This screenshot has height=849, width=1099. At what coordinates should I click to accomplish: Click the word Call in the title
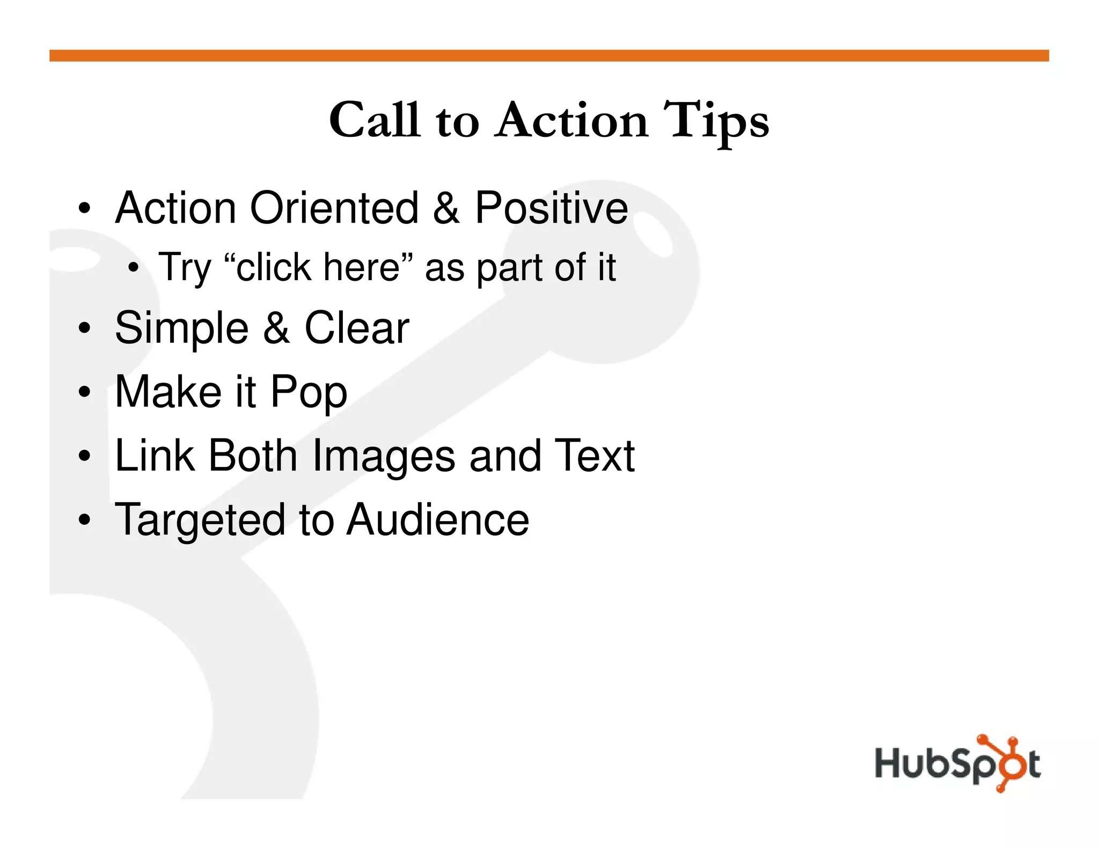pos(374,120)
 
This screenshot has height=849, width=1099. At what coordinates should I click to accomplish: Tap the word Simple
pos(181,328)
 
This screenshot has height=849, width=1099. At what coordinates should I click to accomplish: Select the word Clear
pos(356,328)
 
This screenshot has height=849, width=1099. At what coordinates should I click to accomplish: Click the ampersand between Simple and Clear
pos(277,328)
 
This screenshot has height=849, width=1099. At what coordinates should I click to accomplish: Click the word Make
pos(168,392)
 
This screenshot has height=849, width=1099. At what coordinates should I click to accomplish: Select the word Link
pos(155,456)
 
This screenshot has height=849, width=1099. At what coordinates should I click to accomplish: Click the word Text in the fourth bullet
pos(595,456)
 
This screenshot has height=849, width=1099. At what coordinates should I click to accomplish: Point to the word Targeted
pos(200,521)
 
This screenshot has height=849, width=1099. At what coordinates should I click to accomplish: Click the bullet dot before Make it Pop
pos(84,392)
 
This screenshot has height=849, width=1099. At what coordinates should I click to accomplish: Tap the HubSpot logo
pos(957,763)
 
